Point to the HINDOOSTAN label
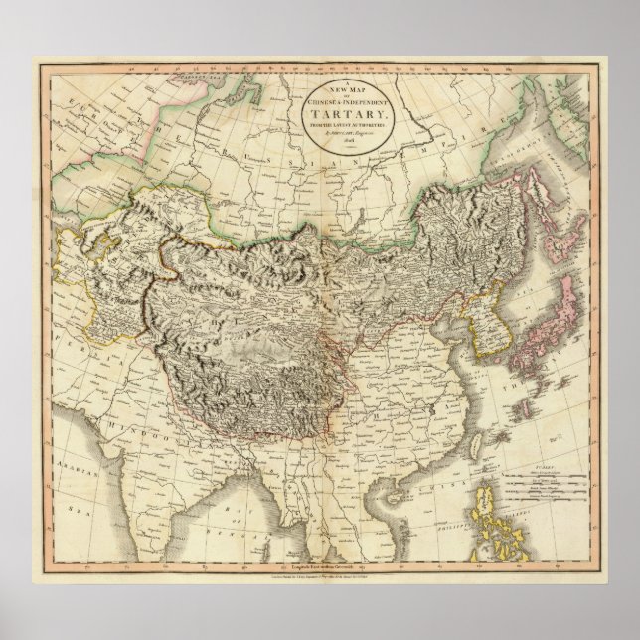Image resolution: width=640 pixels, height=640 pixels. pyautogui.click(x=149, y=417)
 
